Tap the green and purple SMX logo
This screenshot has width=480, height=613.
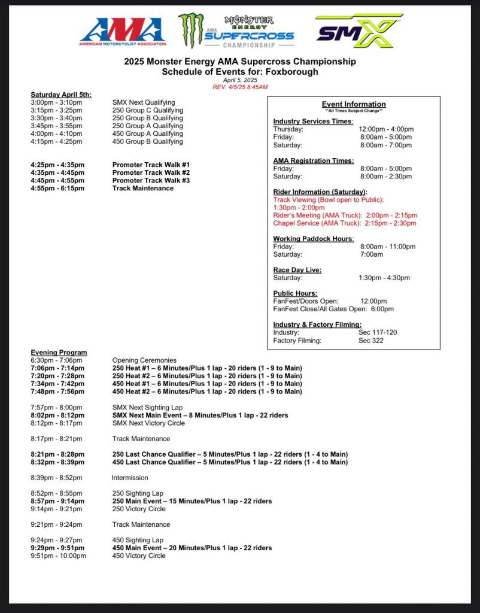(359, 31)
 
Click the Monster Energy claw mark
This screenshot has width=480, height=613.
(190, 31)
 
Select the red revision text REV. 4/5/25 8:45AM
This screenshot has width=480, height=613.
(240, 87)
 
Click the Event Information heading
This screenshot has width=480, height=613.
(354, 104)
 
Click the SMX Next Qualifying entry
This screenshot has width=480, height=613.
(144, 102)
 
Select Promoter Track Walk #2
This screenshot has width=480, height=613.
(151, 172)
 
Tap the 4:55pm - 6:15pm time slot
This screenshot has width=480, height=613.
(57, 188)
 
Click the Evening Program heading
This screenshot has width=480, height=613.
(59, 353)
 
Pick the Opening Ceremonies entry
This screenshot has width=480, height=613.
(144, 360)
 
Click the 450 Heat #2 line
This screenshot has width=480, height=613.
(207, 392)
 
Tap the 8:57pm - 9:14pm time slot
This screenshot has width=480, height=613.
(57, 501)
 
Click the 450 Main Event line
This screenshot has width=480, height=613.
(192, 548)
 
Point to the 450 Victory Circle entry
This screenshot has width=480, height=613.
(139, 556)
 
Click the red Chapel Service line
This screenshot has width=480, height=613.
(345, 223)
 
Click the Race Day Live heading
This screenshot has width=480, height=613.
(297, 270)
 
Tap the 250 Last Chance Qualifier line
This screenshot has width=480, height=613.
(230, 454)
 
